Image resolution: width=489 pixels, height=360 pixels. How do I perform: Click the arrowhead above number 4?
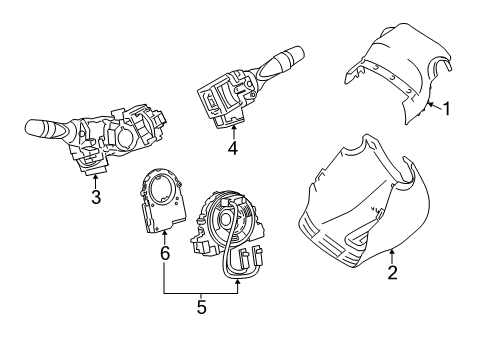231,129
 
